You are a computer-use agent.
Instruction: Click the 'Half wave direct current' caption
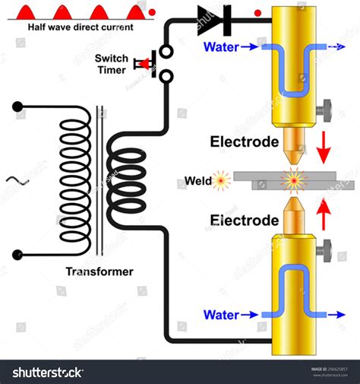(x=81, y=27)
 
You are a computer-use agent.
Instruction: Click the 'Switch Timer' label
(x=112, y=64)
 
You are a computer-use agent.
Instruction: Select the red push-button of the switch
(x=140, y=63)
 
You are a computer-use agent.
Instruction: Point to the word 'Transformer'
(x=99, y=271)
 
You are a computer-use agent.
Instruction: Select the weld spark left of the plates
(x=222, y=181)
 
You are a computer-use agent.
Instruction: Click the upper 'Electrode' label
(x=247, y=142)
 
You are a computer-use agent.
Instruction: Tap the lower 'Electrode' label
(x=245, y=221)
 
